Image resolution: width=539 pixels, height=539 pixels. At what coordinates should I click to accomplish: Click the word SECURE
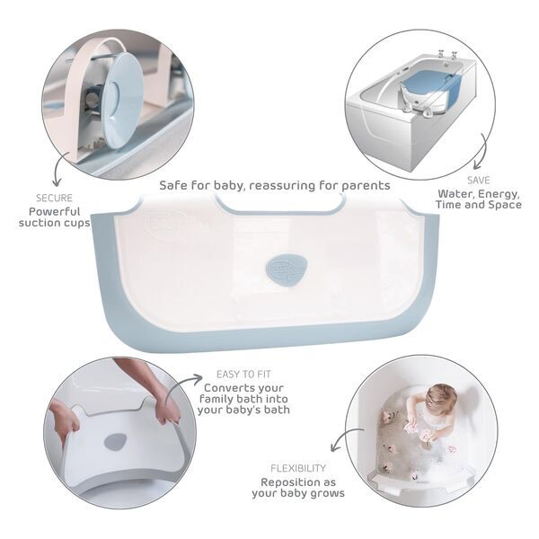click(x=54, y=198)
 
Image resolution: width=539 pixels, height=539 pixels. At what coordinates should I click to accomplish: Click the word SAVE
click(x=479, y=181)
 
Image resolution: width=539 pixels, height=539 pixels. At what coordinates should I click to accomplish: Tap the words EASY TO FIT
click(x=243, y=375)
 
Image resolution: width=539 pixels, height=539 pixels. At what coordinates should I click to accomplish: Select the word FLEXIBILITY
click(x=298, y=468)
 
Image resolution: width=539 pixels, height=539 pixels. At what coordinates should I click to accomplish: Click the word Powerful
click(x=54, y=212)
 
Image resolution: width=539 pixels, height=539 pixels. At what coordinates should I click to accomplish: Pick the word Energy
click(x=498, y=195)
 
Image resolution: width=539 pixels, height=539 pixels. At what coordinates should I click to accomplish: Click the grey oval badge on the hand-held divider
click(x=116, y=442)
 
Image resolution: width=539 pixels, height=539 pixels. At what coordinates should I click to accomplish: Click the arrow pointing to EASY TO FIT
click(x=179, y=385)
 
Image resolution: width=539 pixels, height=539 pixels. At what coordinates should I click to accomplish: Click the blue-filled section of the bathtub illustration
click(x=431, y=90)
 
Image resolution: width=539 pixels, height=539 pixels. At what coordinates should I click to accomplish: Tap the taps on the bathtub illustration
click(x=446, y=55)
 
